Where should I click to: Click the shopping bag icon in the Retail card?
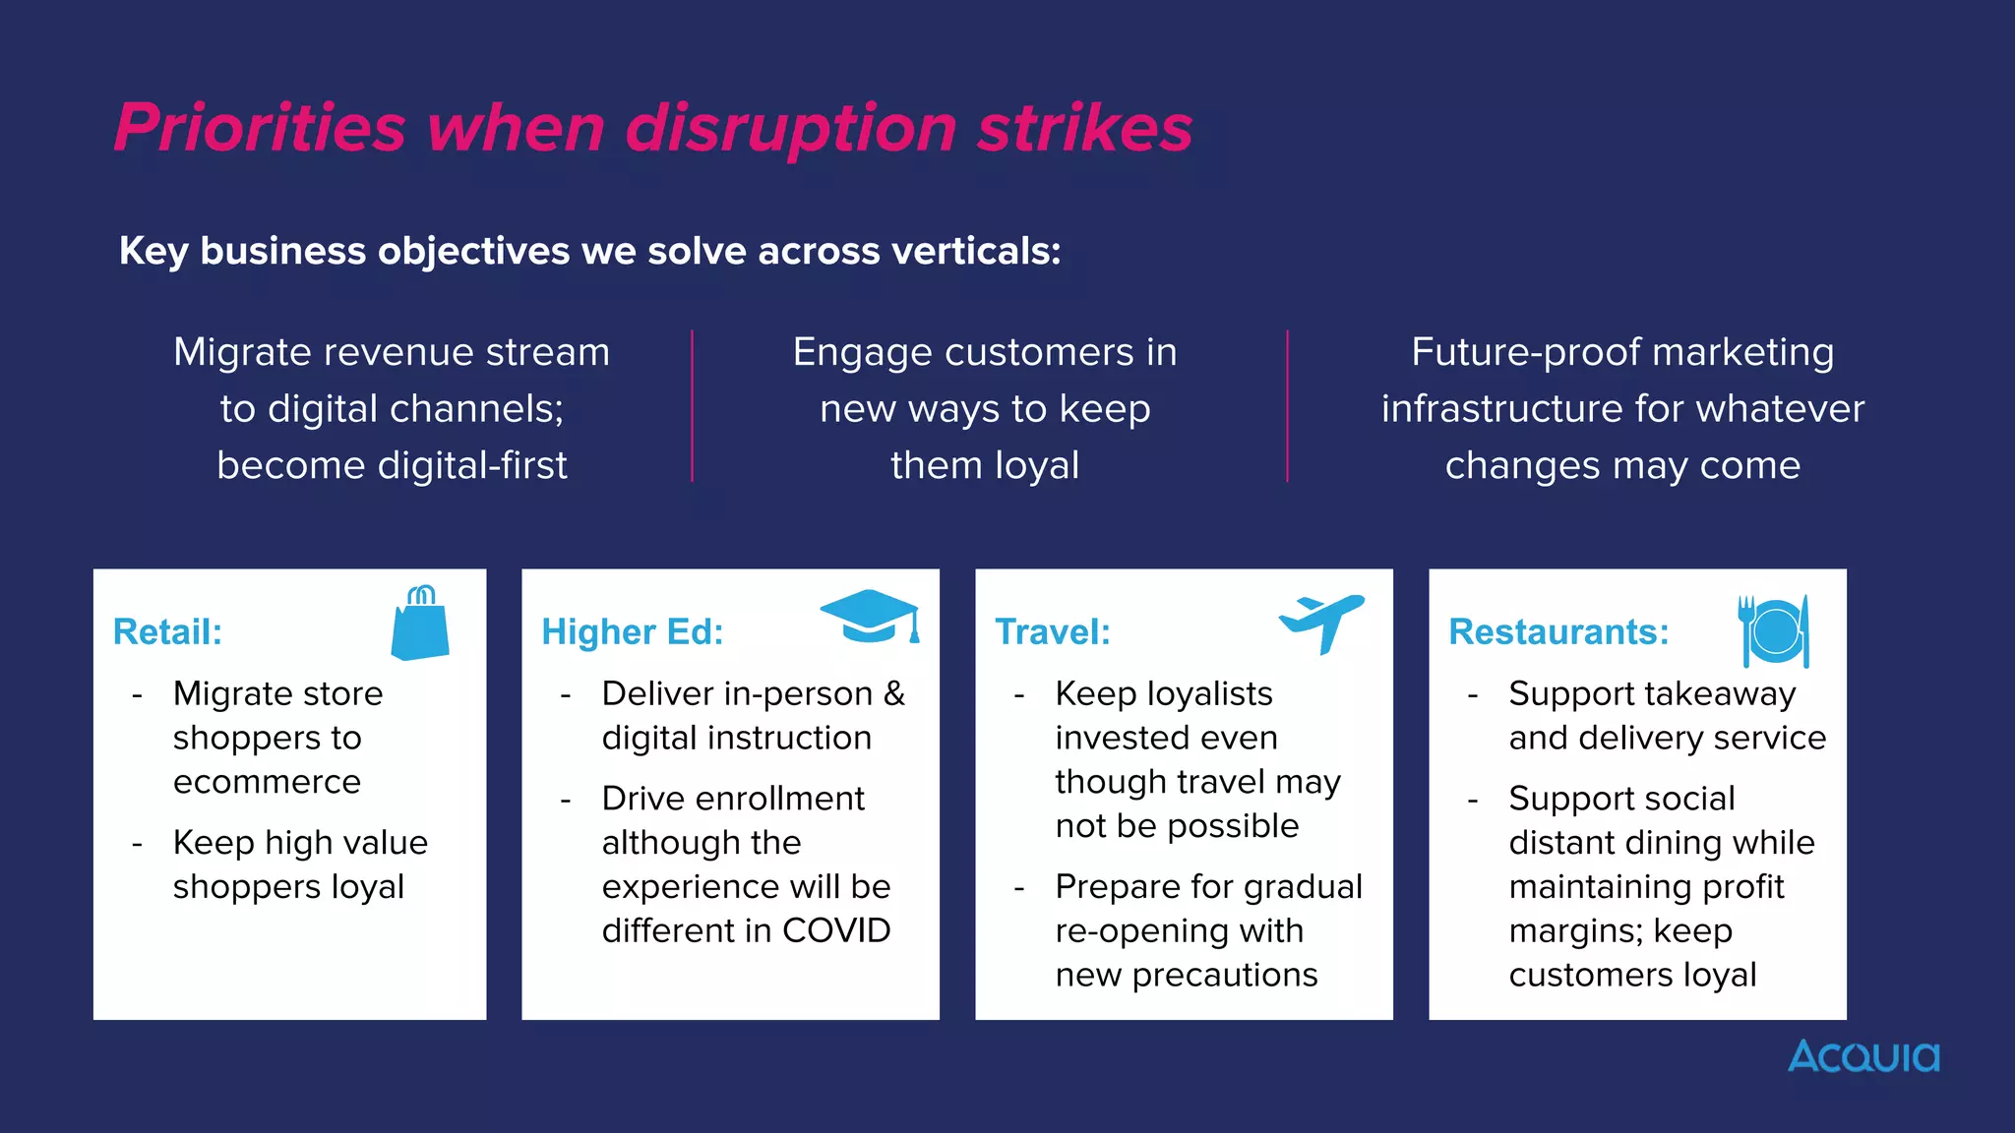click(420, 625)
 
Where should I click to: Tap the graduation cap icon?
click(869, 617)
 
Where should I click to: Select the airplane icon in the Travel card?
click(1321, 622)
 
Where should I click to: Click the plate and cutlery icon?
click(1774, 630)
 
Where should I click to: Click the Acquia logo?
click(1863, 1056)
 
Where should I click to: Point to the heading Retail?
click(167, 631)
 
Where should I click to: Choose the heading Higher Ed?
click(633, 631)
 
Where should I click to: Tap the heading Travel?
click(1053, 631)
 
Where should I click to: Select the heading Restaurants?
click(1558, 631)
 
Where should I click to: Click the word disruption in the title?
click(791, 130)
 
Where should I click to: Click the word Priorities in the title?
click(260, 128)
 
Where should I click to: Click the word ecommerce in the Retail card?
click(267, 782)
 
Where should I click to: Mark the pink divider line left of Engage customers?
click(693, 406)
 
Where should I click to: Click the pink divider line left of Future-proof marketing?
click(1287, 406)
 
